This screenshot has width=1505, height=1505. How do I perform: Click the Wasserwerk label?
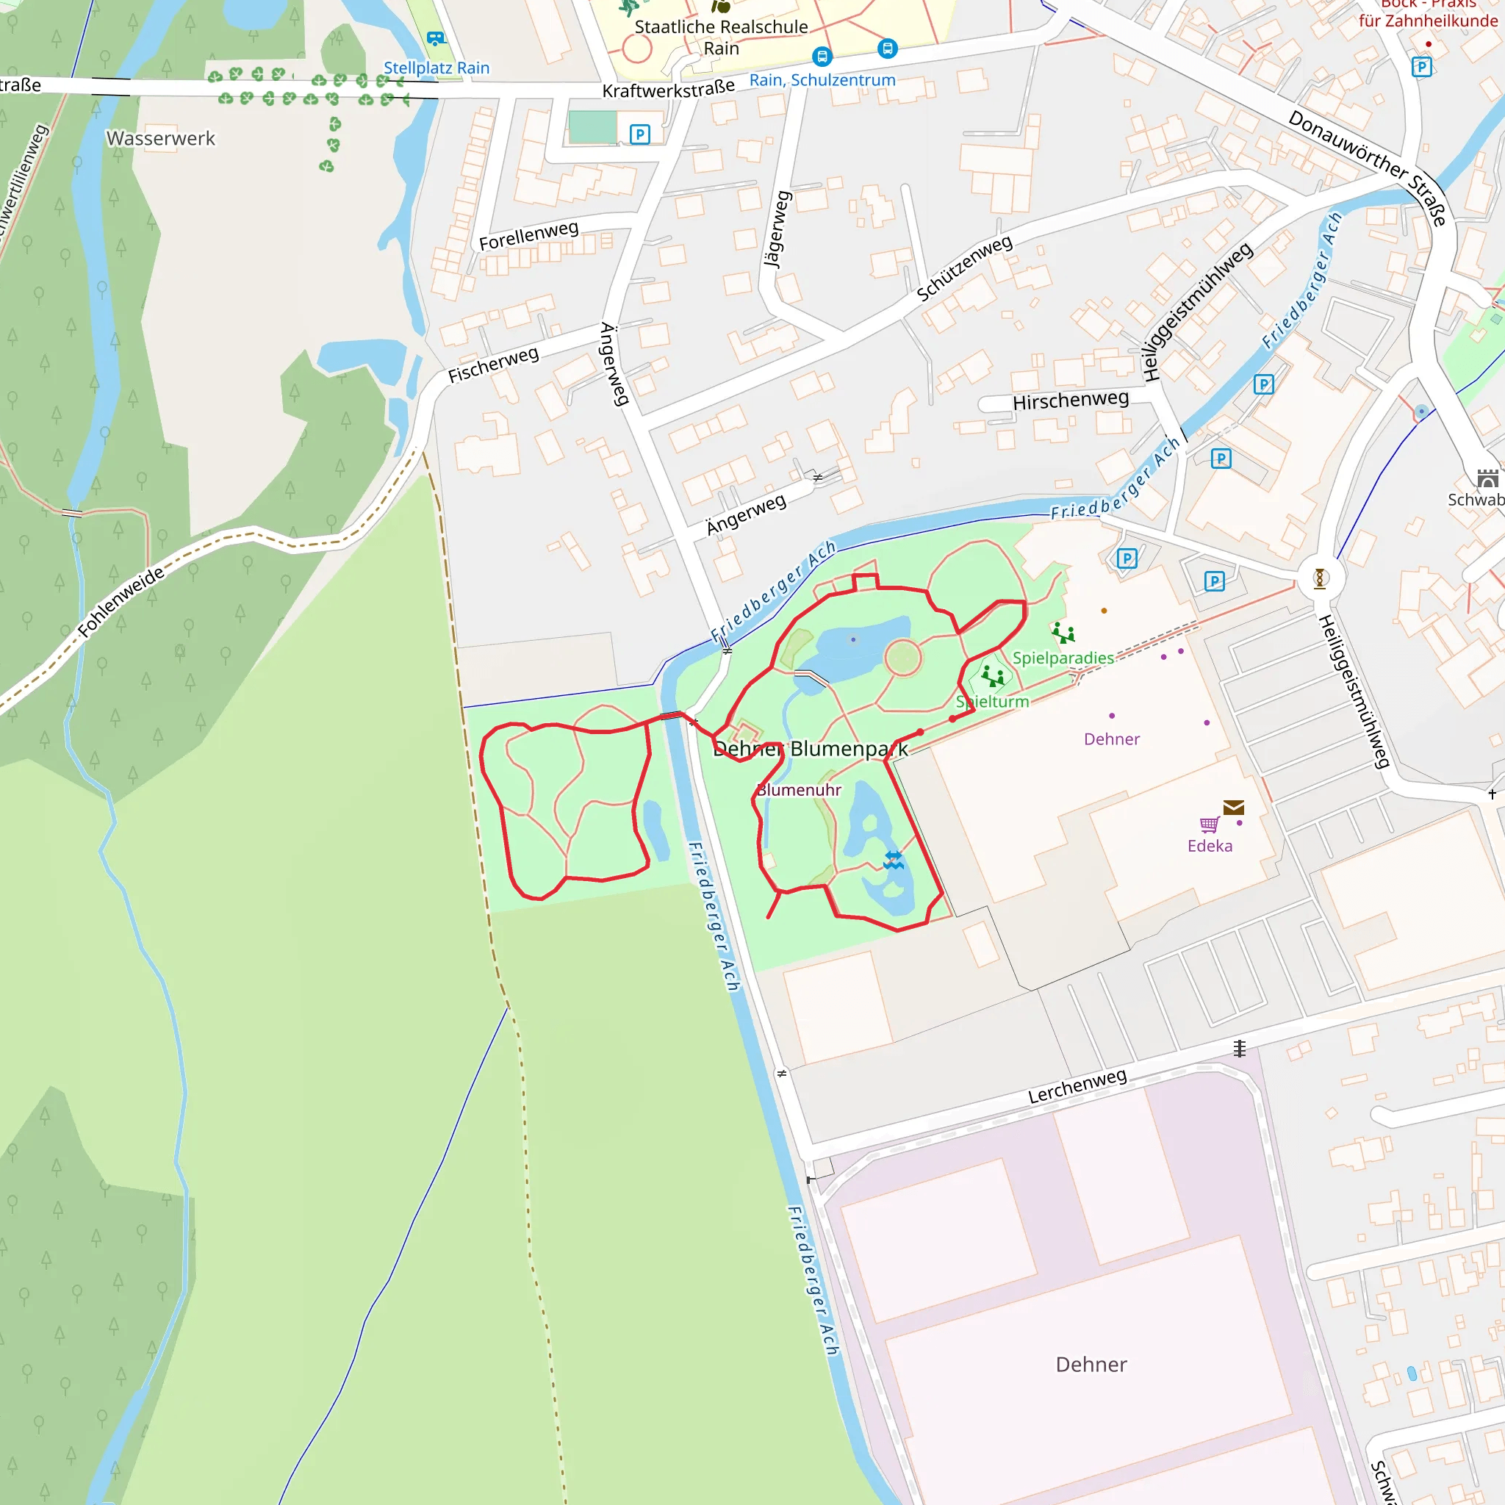[160, 139]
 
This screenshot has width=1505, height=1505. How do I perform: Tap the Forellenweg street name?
[528, 235]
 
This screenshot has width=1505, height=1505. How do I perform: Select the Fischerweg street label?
[493, 364]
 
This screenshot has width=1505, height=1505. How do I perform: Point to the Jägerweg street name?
[777, 229]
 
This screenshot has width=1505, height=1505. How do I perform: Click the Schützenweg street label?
[964, 268]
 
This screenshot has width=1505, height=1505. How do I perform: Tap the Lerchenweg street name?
[1077, 1086]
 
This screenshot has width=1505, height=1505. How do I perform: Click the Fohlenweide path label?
[121, 602]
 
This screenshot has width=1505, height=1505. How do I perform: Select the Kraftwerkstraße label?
[669, 89]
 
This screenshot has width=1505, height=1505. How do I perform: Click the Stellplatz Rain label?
[437, 68]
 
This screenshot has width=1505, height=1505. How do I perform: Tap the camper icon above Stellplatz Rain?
[436, 38]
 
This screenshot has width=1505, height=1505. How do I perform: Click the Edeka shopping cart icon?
[1209, 825]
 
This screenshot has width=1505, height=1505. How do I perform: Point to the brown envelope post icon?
[1233, 808]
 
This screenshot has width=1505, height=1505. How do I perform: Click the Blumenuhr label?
[799, 790]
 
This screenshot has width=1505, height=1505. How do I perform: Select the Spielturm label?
[992, 702]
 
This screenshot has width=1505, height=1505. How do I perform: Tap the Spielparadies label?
[1063, 658]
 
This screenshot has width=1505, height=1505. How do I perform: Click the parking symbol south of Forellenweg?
[639, 134]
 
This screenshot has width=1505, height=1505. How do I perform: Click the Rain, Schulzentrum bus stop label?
[822, 80]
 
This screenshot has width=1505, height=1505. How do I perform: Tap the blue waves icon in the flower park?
[894, 860]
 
